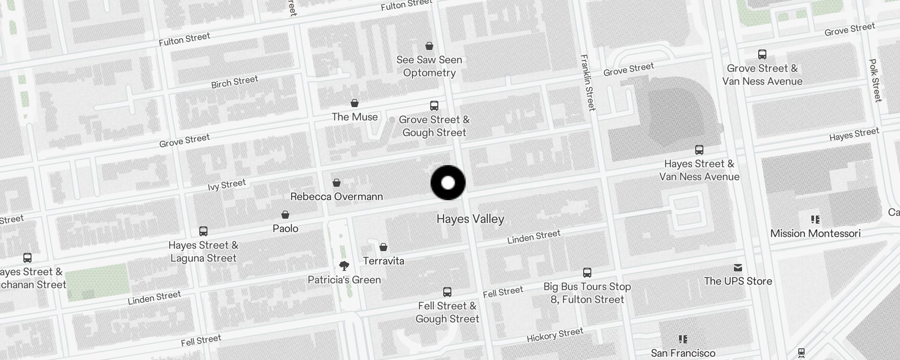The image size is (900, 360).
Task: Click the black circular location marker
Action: point(448,183)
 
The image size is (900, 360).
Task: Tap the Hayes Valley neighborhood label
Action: point(470,219)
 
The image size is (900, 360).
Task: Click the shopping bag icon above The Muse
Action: point(355,103)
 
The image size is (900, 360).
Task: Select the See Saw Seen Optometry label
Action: point(429,66)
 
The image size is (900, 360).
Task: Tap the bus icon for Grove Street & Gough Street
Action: point(434,106)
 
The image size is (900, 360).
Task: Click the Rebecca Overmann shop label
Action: point(337,197)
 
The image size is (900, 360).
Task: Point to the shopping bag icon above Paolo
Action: point(285,215)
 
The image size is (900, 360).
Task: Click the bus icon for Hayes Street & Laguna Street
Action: point(203,231)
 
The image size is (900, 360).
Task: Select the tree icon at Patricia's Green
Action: point(344,265)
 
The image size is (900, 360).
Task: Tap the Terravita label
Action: point(383,261)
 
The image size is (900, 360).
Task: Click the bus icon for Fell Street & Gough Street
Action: point(447,292)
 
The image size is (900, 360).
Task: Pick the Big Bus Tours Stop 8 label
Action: point(587,293)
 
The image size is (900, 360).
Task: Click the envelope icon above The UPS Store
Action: point(738,268)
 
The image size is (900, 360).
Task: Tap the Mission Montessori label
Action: point(815,234)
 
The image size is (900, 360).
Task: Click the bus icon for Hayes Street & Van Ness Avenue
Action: point(699,150)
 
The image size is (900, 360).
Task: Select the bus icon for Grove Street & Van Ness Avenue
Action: point(762,54)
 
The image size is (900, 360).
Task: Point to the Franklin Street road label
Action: point(588,82)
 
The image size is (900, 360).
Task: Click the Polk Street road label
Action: point(875,80)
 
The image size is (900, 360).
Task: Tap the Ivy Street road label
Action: point(227,185)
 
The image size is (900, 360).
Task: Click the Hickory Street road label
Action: point(555,335)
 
